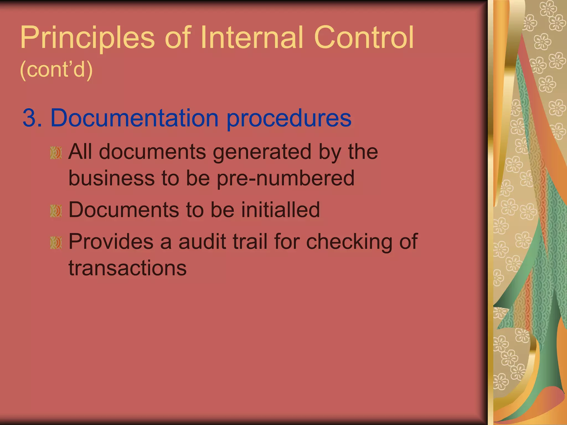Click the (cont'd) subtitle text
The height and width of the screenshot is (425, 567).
pyautogui.click(x=56, y=70)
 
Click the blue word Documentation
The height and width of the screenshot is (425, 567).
pyautogui.click(x=135, y=118)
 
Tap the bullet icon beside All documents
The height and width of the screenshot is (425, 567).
pyautogui.click(x=56, y=153)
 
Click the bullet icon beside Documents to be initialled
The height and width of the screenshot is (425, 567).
pyautogui.click(x=56, y=211)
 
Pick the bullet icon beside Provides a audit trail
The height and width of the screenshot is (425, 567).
pyautogui.click(x=56, y=243)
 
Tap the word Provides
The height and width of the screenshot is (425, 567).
pyautogui.click(x=111, y=242)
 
